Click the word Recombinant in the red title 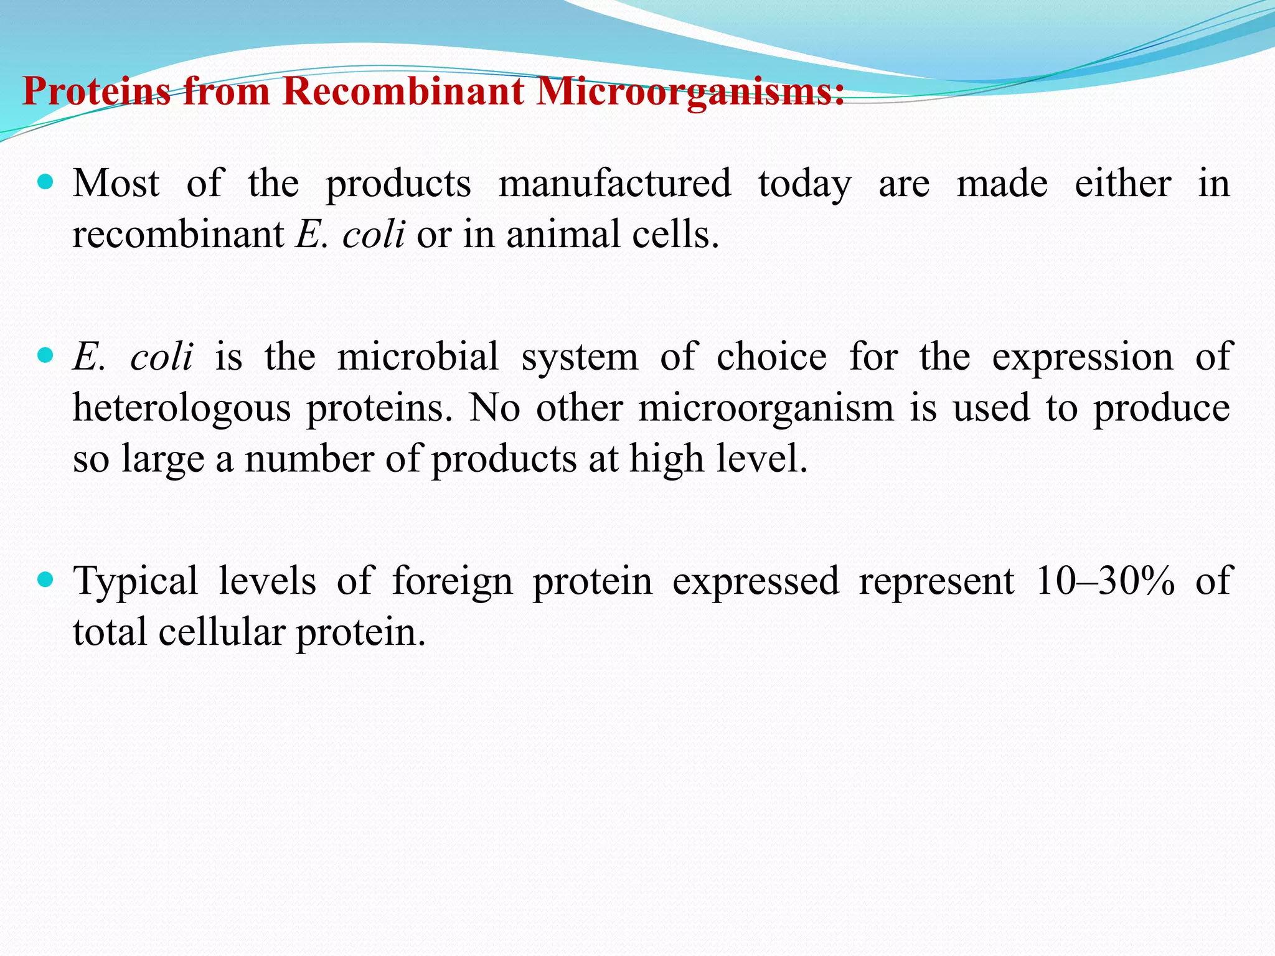coord(403,91)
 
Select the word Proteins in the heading coord(96,91)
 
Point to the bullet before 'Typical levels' coord(45,580)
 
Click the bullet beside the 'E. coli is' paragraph coord(45,356)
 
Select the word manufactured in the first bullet coord(614,184)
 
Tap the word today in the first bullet coord(804,185)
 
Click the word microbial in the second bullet coord(418,357)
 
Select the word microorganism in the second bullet coord(766,409)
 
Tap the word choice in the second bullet coord(771,357)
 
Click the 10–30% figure coord(1105,581)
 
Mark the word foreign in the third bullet coord(452,582)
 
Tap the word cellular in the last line coord(221,632)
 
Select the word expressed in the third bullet coord(755,582)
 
